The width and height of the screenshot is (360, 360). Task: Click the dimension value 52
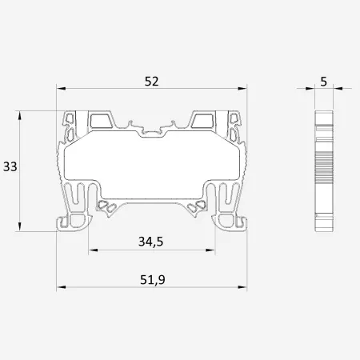151,82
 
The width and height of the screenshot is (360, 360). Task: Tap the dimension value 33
10,166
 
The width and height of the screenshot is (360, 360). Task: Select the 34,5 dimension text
150,242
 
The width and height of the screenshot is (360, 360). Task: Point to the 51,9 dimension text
153,280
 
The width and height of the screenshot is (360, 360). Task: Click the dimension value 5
323,82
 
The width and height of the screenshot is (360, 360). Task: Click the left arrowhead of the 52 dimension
61,89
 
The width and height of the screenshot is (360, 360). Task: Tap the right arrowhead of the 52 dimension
242,89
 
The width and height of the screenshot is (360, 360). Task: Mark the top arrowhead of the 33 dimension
19,116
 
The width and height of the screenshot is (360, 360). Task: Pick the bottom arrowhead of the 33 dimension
19,226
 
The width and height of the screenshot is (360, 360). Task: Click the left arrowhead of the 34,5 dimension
93,250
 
